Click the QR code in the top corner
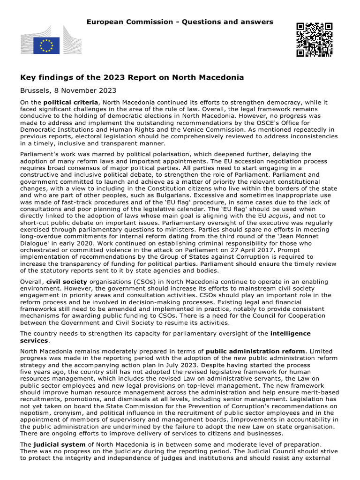[315, 40]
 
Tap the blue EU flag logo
[46, 45]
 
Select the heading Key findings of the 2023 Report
[131, 77]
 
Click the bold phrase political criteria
[71, 102]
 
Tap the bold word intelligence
[290, 333]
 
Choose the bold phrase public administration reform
[255, 351]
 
